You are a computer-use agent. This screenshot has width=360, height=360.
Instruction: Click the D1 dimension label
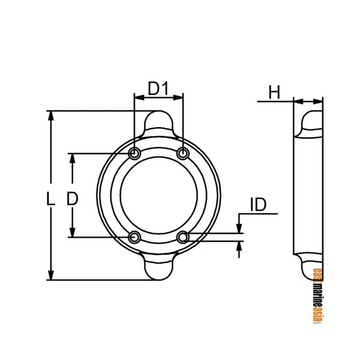point(157,89)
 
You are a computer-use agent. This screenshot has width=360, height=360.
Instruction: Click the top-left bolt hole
point(135,154)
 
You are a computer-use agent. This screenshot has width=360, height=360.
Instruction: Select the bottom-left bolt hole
point(135,238)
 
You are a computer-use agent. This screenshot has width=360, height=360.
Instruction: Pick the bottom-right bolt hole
point(183,238)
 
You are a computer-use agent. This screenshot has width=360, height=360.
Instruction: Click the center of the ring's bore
point(159,196)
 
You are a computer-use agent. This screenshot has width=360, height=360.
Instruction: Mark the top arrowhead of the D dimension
point(74,158)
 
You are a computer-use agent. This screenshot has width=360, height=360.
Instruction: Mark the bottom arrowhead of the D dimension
point(74,233)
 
